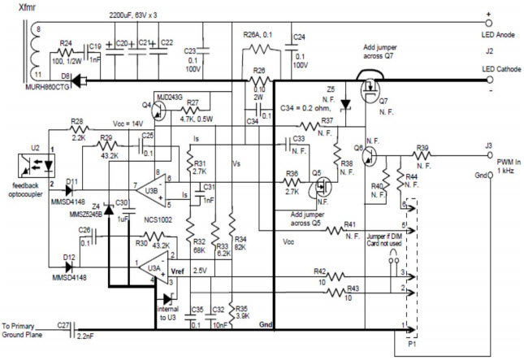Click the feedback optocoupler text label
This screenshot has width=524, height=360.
24,167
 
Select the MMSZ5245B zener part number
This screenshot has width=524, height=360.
85,215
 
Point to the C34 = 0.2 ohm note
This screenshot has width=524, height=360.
305,106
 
